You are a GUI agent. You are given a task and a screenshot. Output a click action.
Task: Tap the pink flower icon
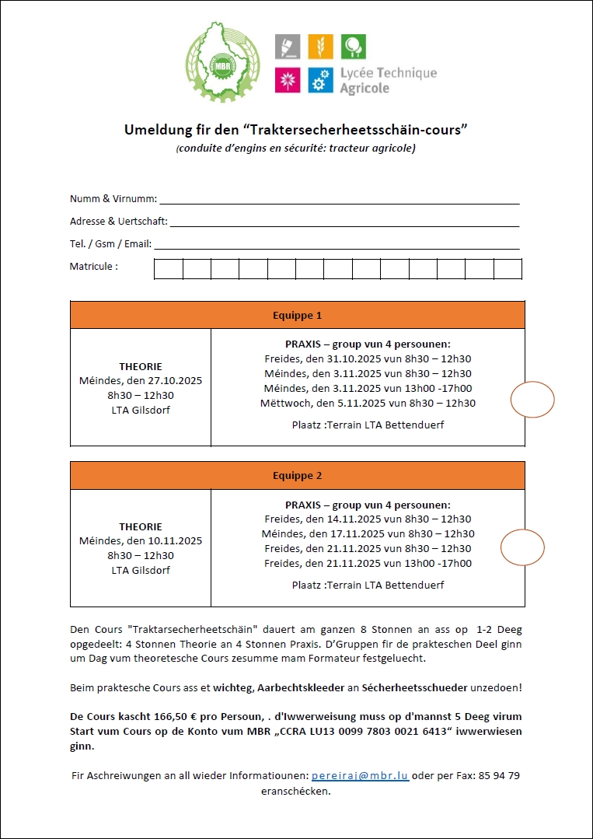(288, 80)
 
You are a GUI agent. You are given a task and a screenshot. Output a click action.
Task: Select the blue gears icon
(320, 80)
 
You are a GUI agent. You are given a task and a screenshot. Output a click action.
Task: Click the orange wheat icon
(320, 47)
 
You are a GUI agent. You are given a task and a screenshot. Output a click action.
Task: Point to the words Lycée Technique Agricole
(388, 80)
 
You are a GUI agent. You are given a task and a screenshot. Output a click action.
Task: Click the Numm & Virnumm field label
(113, 199)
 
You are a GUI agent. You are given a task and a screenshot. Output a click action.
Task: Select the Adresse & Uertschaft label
(118, 222)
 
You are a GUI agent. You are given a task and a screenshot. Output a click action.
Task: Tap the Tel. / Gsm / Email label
(110, 244)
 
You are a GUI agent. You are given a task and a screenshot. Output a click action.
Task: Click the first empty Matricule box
(169, 269)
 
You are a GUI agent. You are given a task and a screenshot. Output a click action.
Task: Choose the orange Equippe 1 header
(297, 316)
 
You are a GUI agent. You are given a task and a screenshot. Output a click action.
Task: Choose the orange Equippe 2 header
(297, 476)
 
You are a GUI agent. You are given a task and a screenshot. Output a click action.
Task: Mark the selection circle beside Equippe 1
(532, 400)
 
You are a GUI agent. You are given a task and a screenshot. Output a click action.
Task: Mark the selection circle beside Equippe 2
(522, 547)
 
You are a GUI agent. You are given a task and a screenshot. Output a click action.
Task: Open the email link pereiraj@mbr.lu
(360, 777)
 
